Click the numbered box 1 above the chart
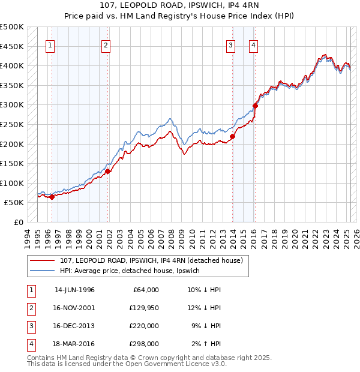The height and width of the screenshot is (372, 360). click(50, 44)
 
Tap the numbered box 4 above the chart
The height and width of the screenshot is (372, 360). click(254, 44)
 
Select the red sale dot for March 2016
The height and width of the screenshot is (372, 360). click(255, 106)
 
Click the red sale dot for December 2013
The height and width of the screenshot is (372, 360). click(233, 136)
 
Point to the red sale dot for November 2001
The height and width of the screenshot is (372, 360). click(108, 171)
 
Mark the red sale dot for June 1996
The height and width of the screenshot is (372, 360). click(52, 197)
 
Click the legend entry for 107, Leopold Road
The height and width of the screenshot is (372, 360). click(151, 260)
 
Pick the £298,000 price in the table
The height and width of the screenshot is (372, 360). click(145, 344)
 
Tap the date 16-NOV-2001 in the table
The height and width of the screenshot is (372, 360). click(74, 308)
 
